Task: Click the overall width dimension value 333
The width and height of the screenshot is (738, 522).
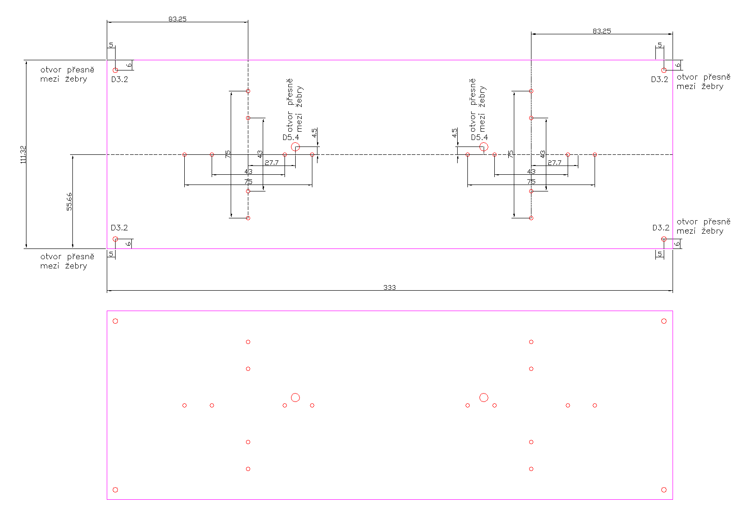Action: click(x=389, y=287)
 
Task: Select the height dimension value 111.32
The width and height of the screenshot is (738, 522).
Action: click(x=23, y=154)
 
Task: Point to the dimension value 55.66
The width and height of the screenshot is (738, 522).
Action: click(x=69, y=202)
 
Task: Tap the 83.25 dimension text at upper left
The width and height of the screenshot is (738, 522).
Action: click(x=177, y=19)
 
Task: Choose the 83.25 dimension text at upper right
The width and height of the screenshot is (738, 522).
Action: click(x=602, y=31)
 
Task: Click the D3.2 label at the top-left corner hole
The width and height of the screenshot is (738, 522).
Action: click(x=120, y=79)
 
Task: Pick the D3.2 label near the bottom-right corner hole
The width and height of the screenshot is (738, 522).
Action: click(x=661, y=228)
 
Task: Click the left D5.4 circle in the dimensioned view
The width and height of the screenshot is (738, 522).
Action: click(x=295, y=147)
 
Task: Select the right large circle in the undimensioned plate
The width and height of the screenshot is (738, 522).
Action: click(x=484, y=397)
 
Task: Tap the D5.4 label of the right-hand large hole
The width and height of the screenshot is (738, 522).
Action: click(x=479, y=137)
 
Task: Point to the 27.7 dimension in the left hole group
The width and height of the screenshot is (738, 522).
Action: click(x=272, y=163)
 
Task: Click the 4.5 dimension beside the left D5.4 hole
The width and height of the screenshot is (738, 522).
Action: click(x=315, y=133)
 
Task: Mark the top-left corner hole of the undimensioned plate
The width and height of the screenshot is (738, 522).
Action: click(x=115, y=321)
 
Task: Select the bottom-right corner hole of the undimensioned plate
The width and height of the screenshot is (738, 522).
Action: click(x=664, y=490)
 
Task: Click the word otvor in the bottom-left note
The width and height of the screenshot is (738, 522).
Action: click(x=51, y=256)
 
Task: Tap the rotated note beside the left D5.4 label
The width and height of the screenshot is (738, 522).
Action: click(x=294, y=106)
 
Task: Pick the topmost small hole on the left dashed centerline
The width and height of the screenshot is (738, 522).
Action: click(x=248, y=91)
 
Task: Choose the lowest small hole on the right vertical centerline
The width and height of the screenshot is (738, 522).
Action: click(x=531, y=218)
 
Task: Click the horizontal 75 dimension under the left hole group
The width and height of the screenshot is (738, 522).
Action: click(x=248, y=182)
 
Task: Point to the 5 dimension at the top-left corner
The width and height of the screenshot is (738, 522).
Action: click(x=111, y=45)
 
